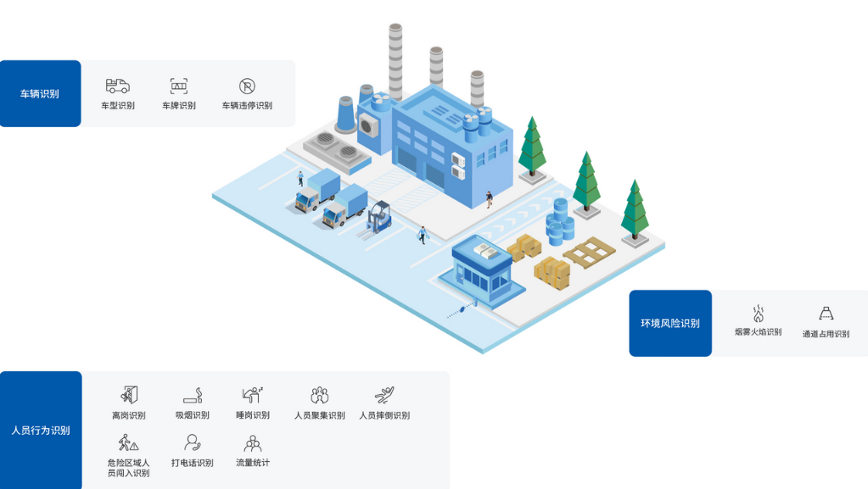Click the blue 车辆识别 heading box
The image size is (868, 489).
click(x=40, y=93)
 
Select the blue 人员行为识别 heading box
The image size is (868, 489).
click(x=41, y=430)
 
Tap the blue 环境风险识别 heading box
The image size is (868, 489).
click(x=670, y=323)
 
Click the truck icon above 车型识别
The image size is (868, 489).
click(x=118, y=86)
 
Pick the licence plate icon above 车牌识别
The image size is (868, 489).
click(x=179, y=86)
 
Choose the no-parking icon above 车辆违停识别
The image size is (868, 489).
click(x=247, y=86)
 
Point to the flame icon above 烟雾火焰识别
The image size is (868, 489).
click(x=758, y=314)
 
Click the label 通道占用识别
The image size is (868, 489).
click(x=826, y=334)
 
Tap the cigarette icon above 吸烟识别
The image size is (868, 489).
click(x=193, y=396)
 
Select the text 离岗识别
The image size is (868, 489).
click(x=128, y=415)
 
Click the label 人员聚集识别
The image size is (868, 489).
click(x=319, y=415)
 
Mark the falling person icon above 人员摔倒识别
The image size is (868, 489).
click(x=384, y=395)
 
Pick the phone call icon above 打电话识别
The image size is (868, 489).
click(x=193, y=442)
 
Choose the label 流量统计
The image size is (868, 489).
click(x=253, y=463)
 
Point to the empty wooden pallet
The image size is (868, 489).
click(x=589, y=252)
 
